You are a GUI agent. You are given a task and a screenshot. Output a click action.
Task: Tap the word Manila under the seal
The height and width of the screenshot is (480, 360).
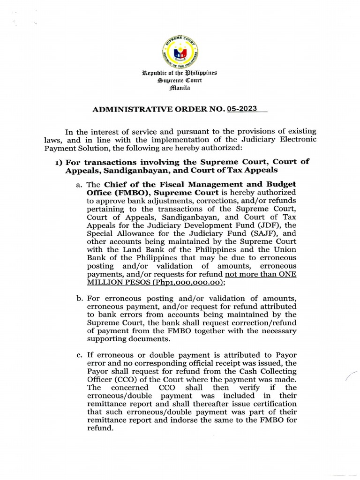point(180,88)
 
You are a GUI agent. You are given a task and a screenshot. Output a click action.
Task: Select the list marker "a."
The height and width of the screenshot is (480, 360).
point(79,184)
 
